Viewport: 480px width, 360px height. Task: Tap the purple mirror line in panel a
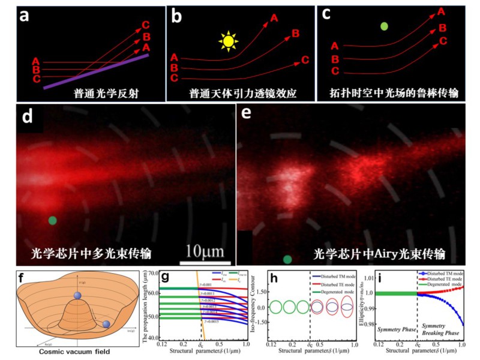click(96, 72)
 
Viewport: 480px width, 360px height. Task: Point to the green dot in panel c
click(384, 26)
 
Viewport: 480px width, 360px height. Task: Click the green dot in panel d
click(53, 220)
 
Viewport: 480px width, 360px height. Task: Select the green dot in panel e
click(288, 259)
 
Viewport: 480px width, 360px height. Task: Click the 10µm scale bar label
click(205, 250)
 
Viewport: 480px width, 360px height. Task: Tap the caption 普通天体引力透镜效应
click(240, 94)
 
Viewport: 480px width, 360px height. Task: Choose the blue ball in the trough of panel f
click(107, 324)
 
